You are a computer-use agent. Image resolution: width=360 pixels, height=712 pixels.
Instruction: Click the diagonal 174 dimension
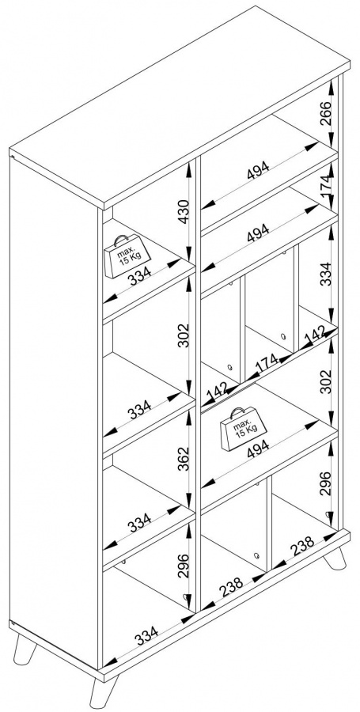(267, 362)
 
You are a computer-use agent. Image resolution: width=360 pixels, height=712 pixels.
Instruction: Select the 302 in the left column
(183, 335)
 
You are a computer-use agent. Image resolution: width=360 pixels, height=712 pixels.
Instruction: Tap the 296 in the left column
(183, 565)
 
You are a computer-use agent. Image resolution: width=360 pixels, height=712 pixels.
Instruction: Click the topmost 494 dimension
(258, 170)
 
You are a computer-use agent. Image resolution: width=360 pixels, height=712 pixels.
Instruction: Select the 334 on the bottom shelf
(146, 634)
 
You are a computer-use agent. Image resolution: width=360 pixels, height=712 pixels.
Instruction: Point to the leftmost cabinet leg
(24, 651)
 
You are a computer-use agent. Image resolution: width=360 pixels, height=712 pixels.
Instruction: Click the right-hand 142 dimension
(315, 334)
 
